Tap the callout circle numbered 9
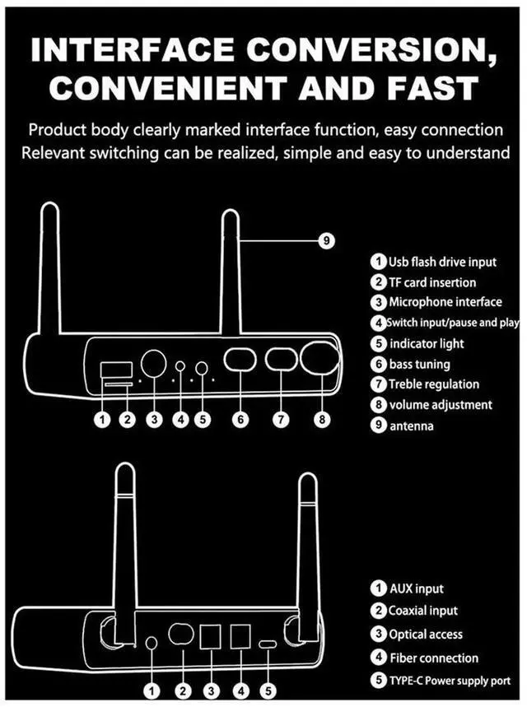click(326, 240)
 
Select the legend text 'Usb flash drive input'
click(442, 263)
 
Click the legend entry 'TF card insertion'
click(431, 282)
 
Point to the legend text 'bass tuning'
click(419, 364)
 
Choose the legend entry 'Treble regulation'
click(433, 384)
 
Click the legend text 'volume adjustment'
click(441, 404)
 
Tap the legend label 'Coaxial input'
click(423, 611)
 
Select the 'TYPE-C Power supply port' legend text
click(450, 681)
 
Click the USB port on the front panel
click(111, 370)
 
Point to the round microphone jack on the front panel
click(152, 363)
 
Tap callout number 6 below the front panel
click(240, 420)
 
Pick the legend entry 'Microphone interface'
click(445, 302)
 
